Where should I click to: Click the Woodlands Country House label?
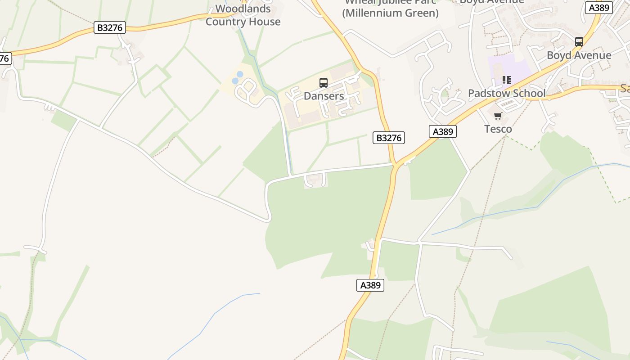pyautogui.click(x=243, y=15)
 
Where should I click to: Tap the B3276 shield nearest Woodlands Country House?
pyautogui.click(x=110, y=27)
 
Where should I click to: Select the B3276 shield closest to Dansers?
pyautogui.click(x=389, y=138)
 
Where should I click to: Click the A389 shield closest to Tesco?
pyautogui.click(x=443, y=131)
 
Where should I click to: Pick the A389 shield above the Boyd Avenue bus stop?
pyautogui.click(x=599, y=7)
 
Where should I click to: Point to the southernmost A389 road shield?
pyautogui.click(x=370, y=285)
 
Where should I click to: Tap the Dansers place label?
pyautogui.click(x=324, y=96)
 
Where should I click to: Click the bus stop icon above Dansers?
pyautogui.click(x=324, y=83)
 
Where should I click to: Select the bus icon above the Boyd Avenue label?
pyautogui.click(x=579, y=42)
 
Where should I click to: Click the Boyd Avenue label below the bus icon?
pyautogui.click(x=579, y=55)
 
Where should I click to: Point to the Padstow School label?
pyautogui.click(x=507, y=93)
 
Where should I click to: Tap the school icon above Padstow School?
pyautogui.click(x=507, y=80)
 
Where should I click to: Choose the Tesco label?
pyautogui.click(x=498, y=129)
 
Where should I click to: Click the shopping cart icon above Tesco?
pyautogui.click(x=498, y=116)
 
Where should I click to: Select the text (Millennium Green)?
pyautogui.click(x=390, y=13)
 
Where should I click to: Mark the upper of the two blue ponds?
pyautogui.click(x=240, y=74)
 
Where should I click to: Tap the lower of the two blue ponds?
pyautogui.click(x=235, y=81)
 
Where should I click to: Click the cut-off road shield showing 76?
pyautogui.click(x=4, y=58)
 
